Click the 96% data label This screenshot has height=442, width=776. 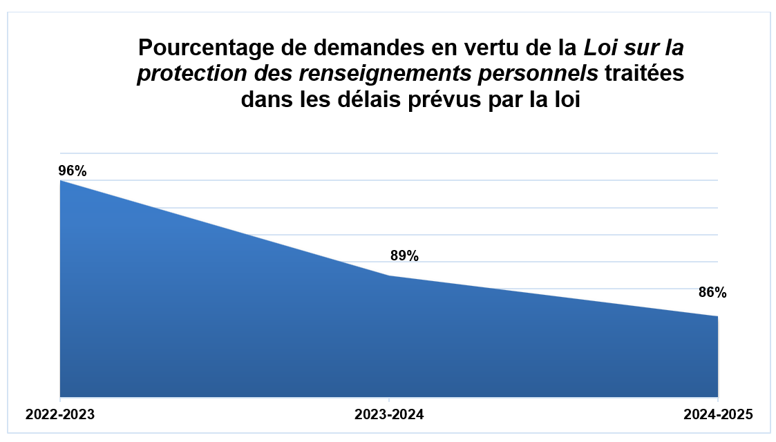click(x=73, y=171)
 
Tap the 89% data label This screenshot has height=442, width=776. click(x=404, y=256)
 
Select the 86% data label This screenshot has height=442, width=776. click(x=712, y=292)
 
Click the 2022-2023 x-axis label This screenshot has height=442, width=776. click(x=60, y=416)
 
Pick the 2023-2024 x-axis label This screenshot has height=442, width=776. click(x=389, y=416)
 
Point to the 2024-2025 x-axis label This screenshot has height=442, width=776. click(x=717, y=416)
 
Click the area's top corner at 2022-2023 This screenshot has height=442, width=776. click(x=61, y=181)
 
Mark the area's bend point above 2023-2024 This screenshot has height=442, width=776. click(x=389, y=276)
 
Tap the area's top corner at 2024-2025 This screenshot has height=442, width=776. click(x=717, y=317)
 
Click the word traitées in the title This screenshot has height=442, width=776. click(x=644, y=75)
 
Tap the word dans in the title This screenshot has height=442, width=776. click(x=269, y=100)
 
